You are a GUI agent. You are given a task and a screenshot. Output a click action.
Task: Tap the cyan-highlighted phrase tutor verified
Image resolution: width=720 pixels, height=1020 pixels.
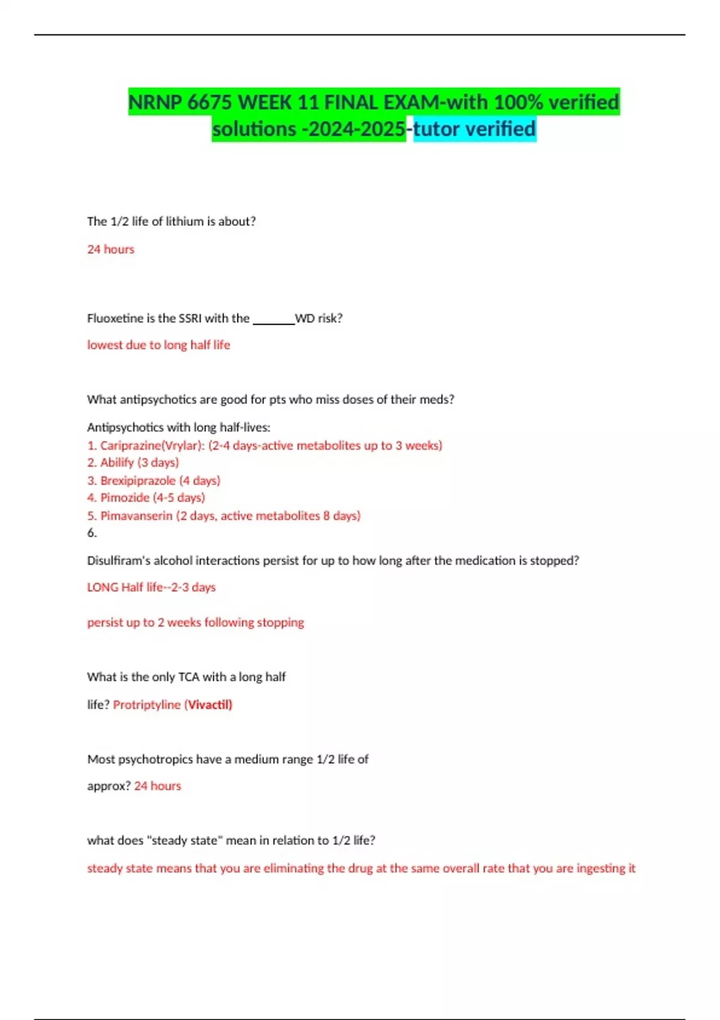(475, 129)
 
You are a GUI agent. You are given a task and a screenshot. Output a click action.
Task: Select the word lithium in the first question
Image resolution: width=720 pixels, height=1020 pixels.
(185, 221)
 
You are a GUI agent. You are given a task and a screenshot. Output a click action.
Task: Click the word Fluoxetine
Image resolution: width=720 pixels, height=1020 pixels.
(114, 319)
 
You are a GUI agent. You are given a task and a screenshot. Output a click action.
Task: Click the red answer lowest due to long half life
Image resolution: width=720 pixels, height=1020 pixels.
(158, 345)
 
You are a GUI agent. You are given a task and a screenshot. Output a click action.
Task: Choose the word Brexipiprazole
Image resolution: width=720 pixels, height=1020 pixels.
(138, 481)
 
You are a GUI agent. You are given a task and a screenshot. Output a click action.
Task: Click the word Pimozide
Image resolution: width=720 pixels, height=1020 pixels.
(125, 497)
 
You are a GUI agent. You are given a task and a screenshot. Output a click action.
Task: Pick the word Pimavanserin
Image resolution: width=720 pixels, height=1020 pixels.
(136, 515)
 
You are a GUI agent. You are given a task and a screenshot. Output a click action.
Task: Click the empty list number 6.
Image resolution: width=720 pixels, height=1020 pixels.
(92, 533)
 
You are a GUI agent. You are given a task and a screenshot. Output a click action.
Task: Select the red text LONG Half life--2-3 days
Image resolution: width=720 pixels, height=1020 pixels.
(151, 587)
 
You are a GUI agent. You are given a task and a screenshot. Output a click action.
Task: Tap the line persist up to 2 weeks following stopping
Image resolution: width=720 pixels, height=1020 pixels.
(196, 622)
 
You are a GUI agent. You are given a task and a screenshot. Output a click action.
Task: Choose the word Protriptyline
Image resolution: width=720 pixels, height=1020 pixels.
(146, 704)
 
